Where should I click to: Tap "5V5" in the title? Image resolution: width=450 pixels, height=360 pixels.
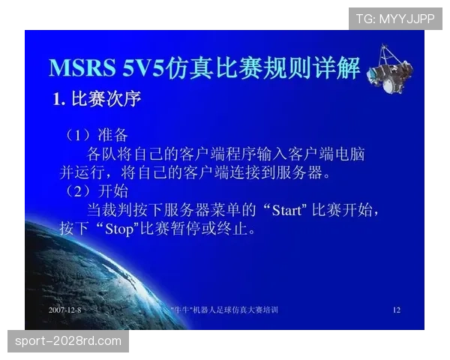[145, 67]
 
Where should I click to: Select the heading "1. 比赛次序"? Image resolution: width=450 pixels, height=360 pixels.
[96, 99]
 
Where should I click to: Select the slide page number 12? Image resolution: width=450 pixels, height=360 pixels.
[397, 309]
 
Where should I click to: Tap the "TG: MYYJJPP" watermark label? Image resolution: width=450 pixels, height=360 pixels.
[395, 18]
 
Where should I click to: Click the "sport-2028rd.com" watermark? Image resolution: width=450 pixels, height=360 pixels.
[68, 341]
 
